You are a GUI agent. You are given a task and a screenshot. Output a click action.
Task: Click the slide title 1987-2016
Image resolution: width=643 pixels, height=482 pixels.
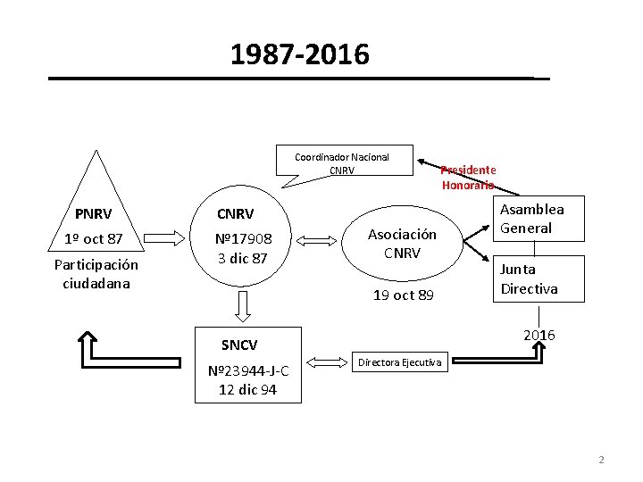[299, 55]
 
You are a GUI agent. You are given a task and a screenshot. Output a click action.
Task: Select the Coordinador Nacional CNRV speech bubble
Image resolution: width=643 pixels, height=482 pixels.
[342, 163]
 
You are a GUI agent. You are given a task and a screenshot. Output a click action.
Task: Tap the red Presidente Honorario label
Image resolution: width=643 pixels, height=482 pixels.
[468, 178]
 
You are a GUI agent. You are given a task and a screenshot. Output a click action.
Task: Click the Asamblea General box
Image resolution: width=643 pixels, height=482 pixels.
[532, 219]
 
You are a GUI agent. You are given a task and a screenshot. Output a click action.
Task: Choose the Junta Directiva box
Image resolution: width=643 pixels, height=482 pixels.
[529, 279]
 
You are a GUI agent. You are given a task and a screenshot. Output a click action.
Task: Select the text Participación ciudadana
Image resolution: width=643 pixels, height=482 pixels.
[96, 274]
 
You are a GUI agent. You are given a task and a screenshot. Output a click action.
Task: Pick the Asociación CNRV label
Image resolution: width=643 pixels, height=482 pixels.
[402, 243]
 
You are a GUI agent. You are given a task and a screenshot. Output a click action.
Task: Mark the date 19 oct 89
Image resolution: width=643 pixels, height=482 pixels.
[402, 295]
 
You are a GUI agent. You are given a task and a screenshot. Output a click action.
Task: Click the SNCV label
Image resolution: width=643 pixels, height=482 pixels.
[239, 345]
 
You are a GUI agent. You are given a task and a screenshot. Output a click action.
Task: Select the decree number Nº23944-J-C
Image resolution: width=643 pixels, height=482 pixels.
[248, 371]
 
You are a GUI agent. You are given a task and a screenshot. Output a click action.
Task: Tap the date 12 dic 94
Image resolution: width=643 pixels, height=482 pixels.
[248, 390]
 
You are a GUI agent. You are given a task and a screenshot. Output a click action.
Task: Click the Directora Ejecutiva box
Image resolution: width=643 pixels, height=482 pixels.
[399, 362]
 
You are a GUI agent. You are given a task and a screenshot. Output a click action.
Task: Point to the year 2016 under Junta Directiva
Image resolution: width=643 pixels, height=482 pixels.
[539, 335]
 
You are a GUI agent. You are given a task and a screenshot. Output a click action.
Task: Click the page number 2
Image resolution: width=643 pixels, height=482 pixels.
[601, 460]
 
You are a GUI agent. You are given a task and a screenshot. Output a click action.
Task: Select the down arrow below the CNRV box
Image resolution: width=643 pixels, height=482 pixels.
[240, 305]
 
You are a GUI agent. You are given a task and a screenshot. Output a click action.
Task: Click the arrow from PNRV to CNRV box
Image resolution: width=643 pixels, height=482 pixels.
[170, 238]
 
